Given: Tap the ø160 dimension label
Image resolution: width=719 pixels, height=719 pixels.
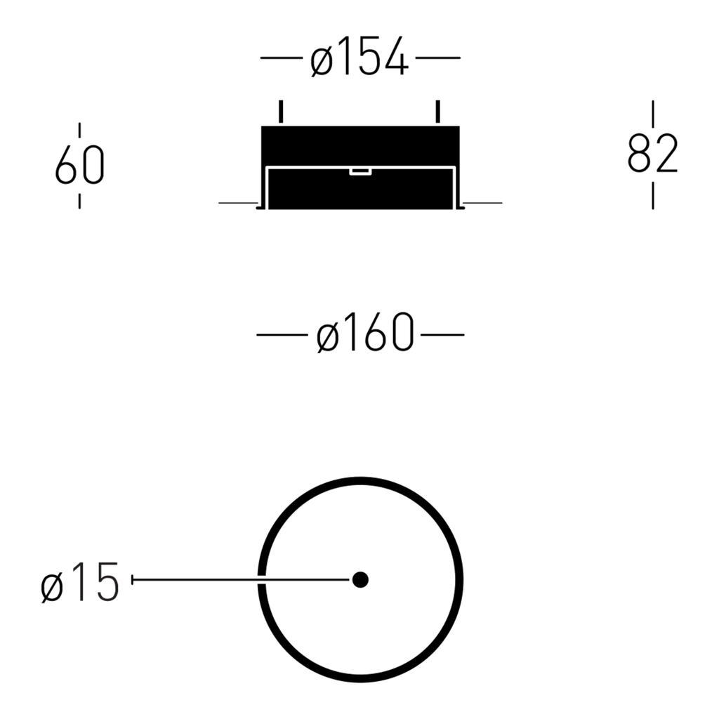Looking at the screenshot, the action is coord(365,333).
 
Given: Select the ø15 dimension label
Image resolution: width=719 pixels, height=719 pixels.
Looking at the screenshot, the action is coord(80,582).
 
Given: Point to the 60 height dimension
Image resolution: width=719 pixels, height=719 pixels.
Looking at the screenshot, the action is coord(80,164).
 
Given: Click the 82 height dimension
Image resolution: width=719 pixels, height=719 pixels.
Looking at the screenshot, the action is coord(652,153).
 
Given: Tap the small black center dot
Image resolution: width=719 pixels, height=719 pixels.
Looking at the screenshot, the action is coord(360,579).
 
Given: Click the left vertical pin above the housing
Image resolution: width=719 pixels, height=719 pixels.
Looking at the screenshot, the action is coord(281,112).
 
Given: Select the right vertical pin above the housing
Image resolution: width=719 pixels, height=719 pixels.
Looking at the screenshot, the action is coord(438,112).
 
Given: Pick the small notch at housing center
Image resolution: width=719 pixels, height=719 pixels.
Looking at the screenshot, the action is coord(360,172).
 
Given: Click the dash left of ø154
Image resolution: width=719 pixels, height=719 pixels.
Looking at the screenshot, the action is coord(282,58).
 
